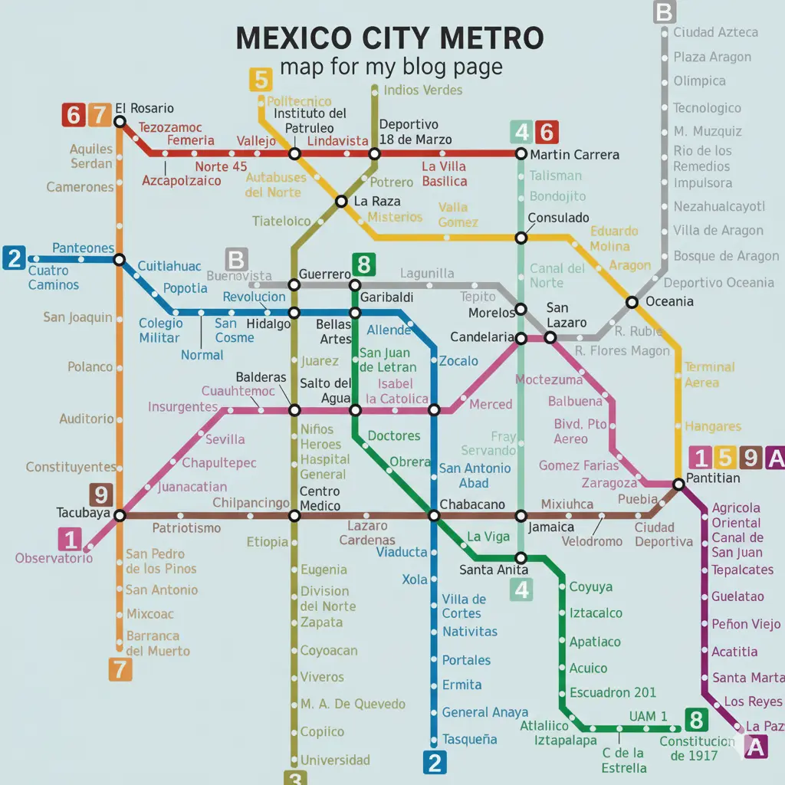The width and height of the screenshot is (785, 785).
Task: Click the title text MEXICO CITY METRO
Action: [390, 38]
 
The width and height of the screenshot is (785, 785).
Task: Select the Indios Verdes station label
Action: [422, 90]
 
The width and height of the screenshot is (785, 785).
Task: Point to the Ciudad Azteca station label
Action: [715, 32]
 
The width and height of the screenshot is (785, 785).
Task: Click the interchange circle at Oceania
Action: [632, 302]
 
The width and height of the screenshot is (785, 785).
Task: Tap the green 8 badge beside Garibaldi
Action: [363, 266]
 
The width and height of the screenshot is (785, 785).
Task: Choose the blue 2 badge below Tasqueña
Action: [434, 763]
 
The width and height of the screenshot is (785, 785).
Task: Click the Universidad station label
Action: [335, 760]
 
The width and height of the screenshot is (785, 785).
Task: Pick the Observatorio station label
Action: [54, 558]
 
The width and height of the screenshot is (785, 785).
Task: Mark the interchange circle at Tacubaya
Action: [120, 514]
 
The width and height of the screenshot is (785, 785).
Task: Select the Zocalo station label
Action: [458, 361]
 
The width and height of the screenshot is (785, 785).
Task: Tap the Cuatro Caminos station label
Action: [54, 278]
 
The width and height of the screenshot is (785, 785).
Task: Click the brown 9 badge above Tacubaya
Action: [101, 494]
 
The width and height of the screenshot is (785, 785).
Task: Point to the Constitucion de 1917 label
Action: [696, 748]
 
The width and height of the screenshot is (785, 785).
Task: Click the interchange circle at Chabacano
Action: [434, 515]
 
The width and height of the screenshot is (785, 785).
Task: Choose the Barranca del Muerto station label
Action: [158, 643]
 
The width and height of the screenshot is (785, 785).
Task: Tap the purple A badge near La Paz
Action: [756, 747]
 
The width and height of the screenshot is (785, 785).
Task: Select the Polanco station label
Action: [90, 367]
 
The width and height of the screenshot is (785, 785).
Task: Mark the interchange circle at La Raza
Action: [341, 202]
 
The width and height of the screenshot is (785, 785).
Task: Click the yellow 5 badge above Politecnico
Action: [261, 80]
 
